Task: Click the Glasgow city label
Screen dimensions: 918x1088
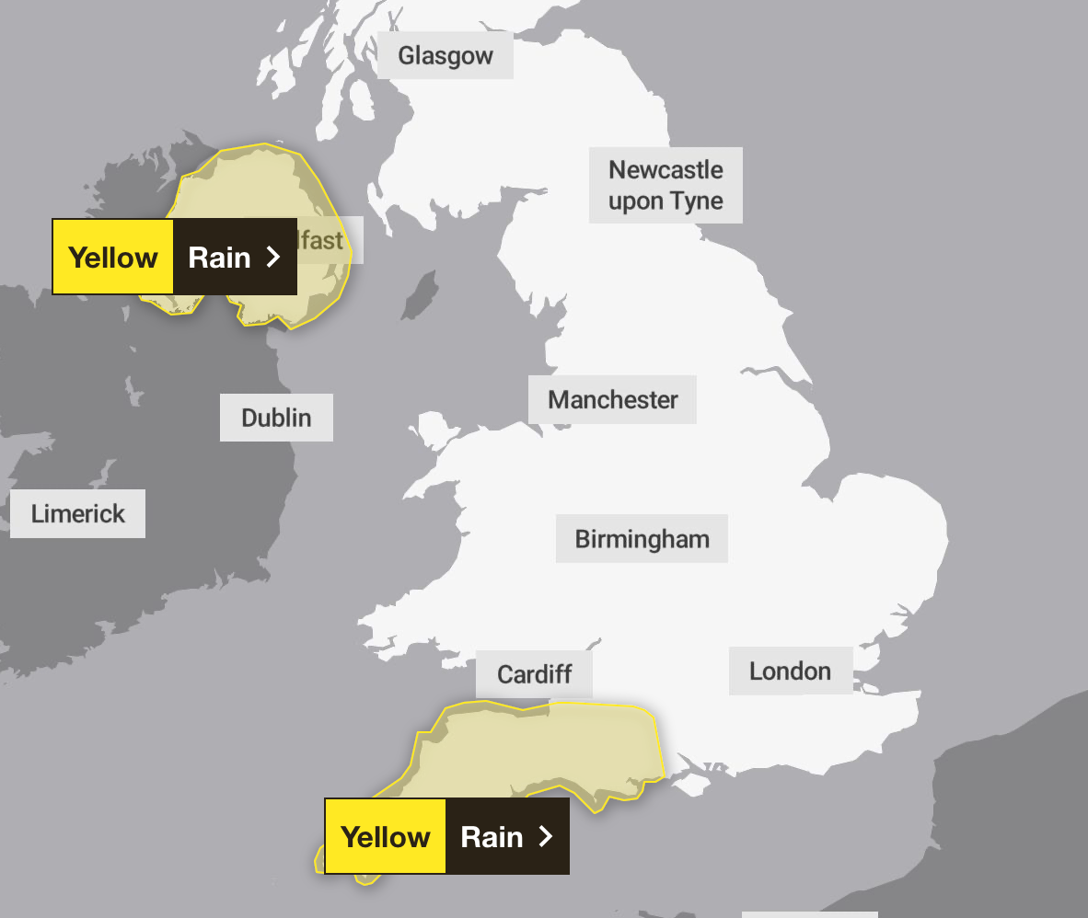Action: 446,55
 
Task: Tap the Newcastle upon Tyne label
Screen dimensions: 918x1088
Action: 666,185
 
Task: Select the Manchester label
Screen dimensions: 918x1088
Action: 612,399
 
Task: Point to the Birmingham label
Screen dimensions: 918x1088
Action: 642,538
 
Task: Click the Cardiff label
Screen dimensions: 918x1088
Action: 534,674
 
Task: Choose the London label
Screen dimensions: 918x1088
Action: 790,671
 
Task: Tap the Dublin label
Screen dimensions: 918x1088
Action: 276,418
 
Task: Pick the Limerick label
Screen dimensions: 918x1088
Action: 77,513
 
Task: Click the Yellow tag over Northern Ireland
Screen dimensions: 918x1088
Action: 112,257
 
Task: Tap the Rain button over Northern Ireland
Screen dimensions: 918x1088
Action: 219,257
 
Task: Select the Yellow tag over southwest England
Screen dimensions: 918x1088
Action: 385,836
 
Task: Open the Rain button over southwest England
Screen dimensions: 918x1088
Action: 492,836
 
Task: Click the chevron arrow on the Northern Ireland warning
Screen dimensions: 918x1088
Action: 272,257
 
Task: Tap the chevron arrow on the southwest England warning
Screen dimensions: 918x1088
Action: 546,836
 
